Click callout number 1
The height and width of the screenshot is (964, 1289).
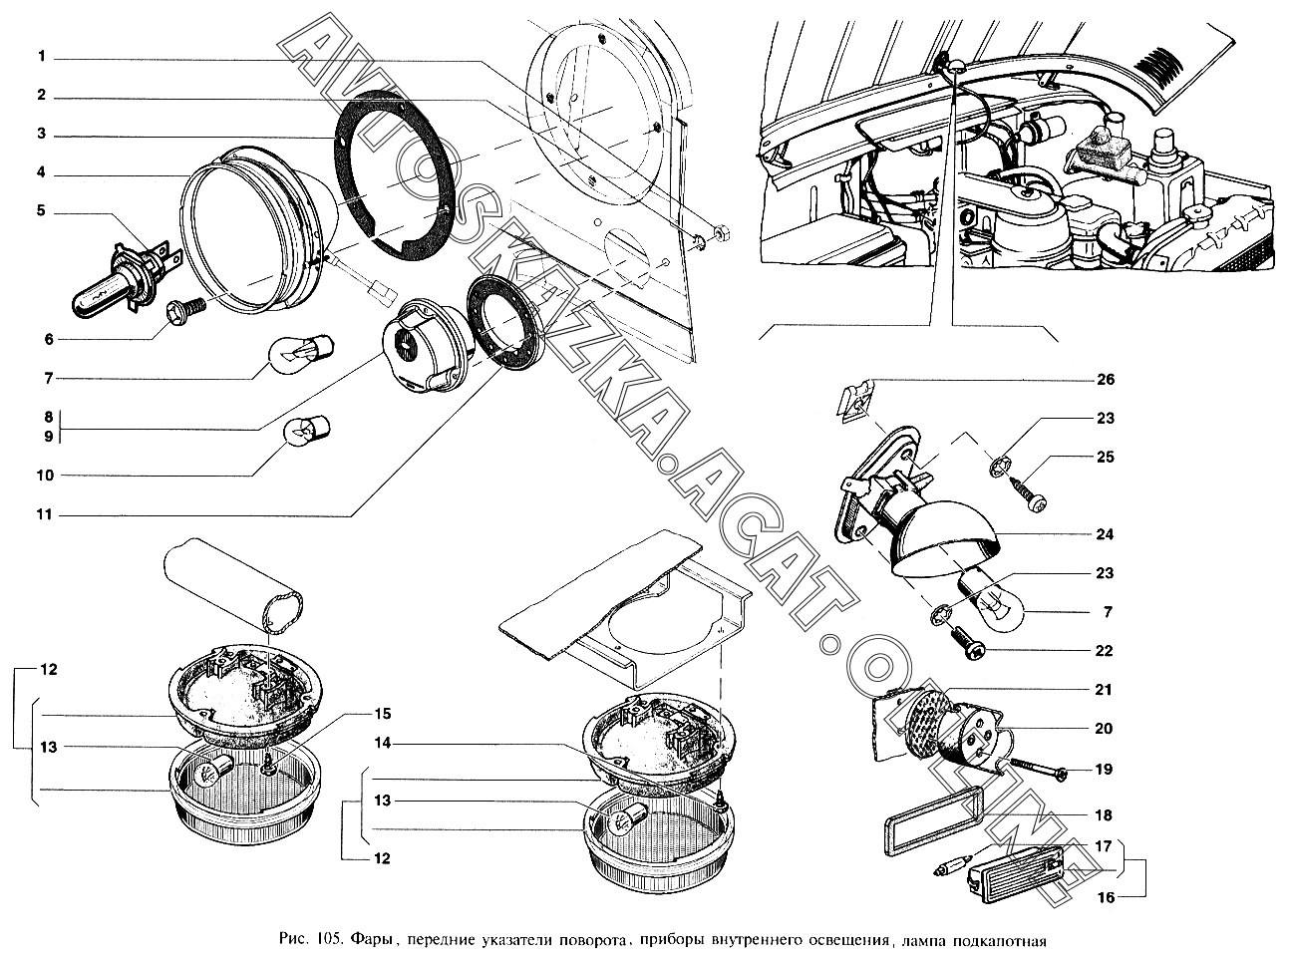coord(41,57)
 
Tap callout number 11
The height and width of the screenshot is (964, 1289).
coord(44,514)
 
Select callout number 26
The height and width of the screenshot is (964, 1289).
coord(1106,379)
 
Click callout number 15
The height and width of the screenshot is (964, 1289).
coord(382,714)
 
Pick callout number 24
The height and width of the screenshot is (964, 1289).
coord(1105,534)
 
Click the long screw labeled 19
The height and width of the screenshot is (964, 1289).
coord(1033,771)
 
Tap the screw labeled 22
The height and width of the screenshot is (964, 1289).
coord(968,642)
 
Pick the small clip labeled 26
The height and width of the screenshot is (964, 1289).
coord(855,400)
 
